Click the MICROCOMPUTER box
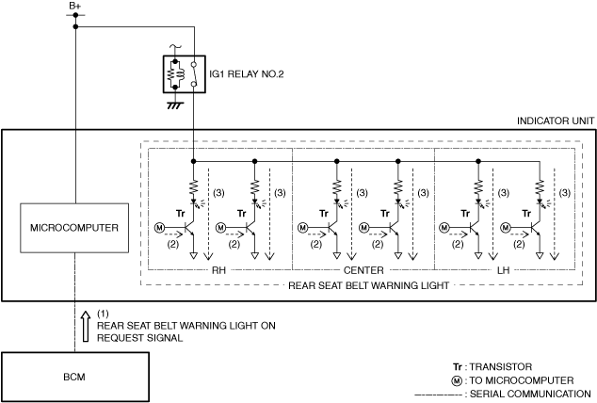point(74,228)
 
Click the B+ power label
point(74,7)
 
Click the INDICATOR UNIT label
point(555,121)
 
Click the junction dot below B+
point(74,25)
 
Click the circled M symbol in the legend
point(457,380)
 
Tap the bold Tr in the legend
point(457,366)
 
